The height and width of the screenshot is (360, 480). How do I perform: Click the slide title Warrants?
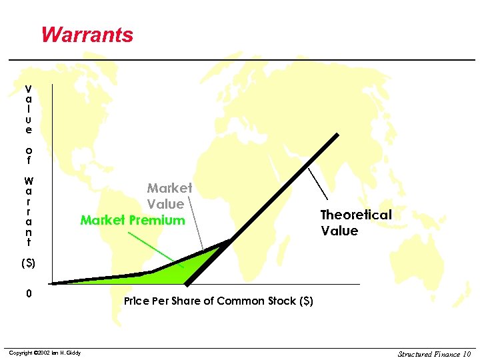pos(87,34)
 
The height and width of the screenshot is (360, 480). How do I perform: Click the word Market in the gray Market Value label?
pos(169,189)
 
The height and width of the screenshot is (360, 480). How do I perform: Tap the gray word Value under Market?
pos(165,204)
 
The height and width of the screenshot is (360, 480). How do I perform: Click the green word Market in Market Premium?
pos(101,220)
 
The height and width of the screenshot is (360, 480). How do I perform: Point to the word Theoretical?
pos(356,215)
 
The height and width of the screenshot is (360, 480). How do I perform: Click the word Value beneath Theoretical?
pos(339,231)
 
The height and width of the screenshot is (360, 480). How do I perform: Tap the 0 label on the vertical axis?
pos(28,293)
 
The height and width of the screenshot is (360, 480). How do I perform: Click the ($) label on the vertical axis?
pos(28,263)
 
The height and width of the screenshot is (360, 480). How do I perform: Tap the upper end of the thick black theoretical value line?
pos(336,136)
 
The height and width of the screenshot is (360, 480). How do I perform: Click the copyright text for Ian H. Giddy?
pos(45,353)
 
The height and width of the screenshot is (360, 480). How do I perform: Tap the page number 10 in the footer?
pos(465,353)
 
